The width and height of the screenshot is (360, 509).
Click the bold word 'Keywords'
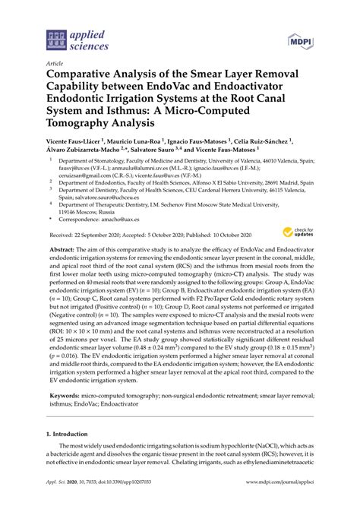(67, 418)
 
